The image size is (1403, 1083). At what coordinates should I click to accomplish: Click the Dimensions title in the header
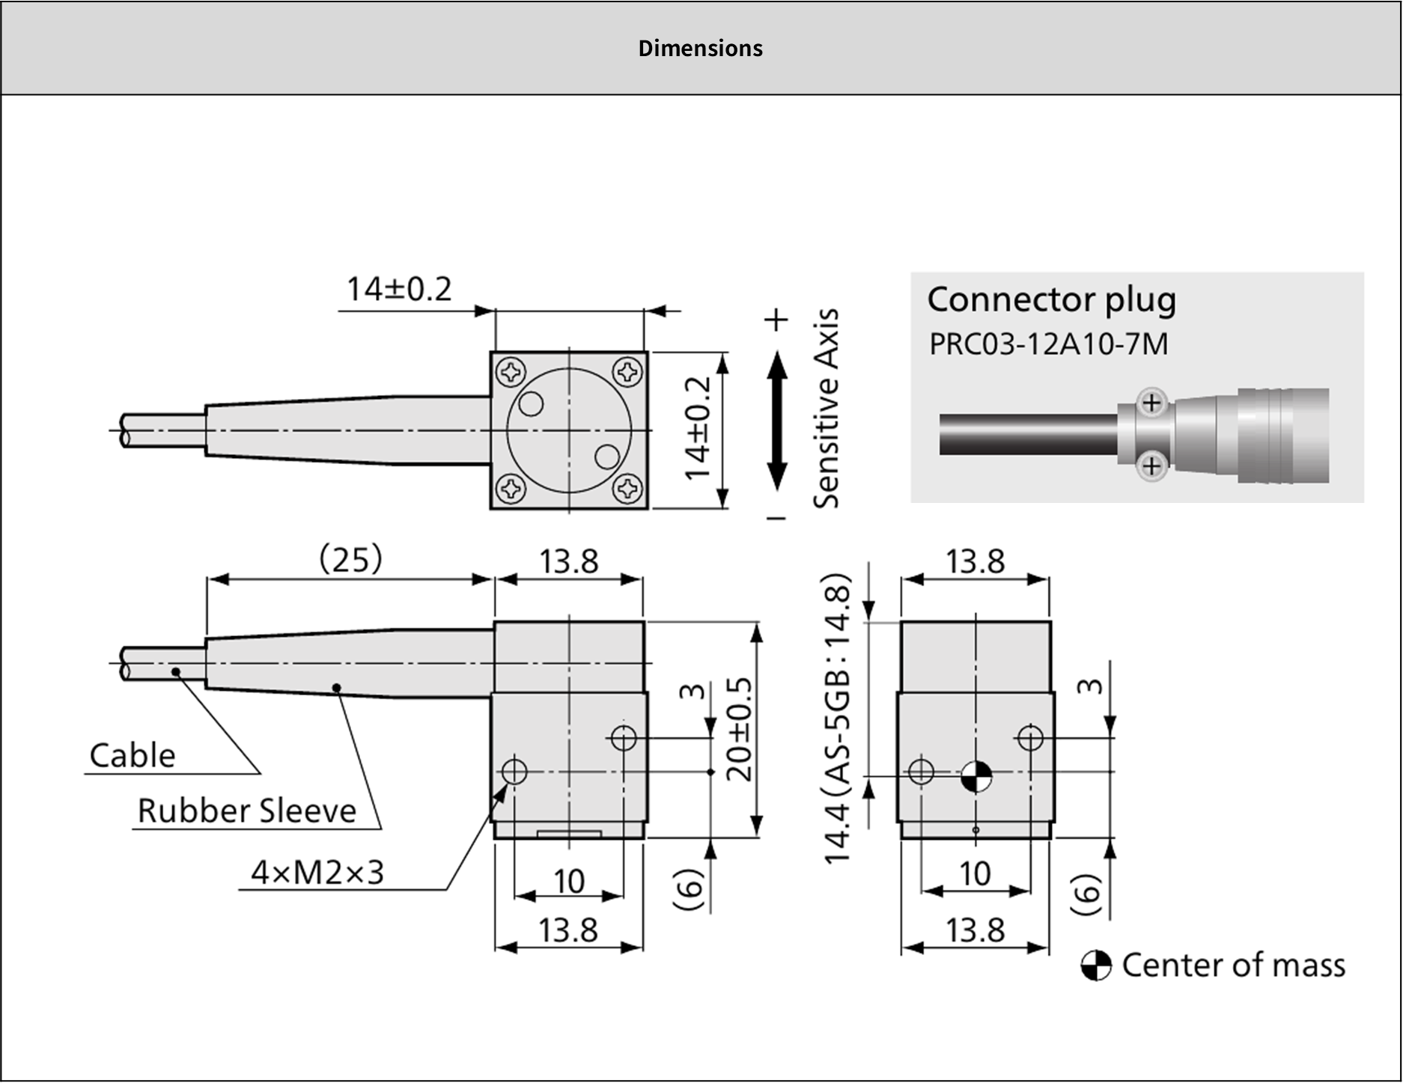701,49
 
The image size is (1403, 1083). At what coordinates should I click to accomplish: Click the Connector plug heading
1052,300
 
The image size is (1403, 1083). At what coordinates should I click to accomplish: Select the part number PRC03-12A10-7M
1048,344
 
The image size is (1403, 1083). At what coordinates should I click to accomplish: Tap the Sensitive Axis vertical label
826,409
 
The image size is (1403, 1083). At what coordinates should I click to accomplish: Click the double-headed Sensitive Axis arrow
778,421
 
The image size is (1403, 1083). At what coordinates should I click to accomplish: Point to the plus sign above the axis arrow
777,320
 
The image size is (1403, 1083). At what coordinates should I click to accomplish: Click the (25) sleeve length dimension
350,559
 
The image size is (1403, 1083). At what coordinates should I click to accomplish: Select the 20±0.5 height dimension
739,729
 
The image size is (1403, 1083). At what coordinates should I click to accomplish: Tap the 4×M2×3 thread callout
317,872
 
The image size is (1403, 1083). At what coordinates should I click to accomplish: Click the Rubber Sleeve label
247,811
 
